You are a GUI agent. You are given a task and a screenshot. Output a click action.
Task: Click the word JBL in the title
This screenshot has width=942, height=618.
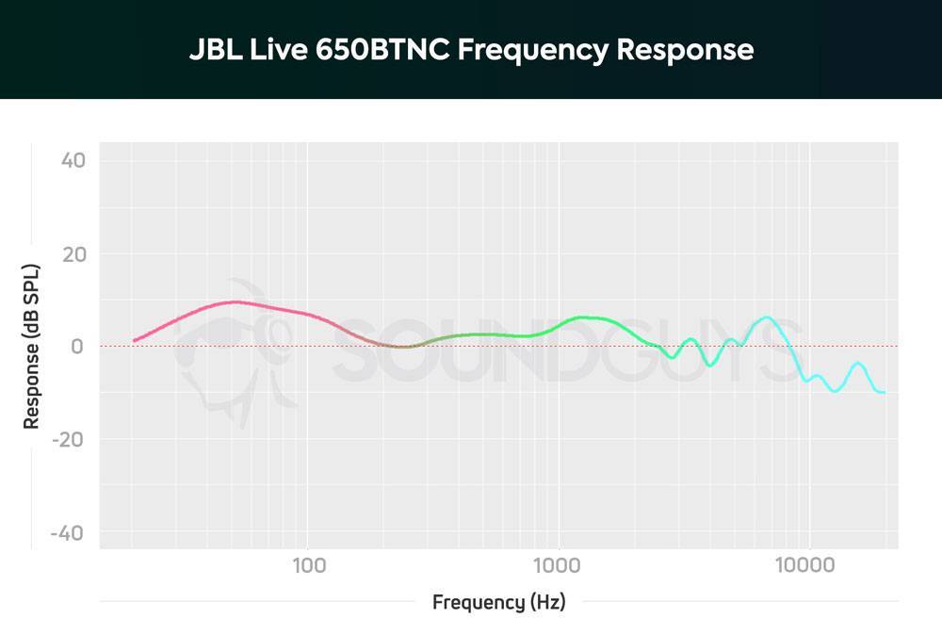214,50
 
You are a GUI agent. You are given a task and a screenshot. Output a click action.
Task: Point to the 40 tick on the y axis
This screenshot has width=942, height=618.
73,160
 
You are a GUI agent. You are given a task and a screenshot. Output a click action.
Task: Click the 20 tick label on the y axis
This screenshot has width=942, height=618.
73,253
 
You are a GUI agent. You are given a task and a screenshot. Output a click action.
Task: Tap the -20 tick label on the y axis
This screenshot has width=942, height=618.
69,440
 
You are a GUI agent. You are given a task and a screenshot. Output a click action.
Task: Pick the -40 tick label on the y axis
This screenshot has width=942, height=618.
69,533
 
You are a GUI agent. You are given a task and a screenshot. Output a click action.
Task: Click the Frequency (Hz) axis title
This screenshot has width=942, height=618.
499,602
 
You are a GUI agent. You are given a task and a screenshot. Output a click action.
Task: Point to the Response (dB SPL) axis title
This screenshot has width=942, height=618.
32,347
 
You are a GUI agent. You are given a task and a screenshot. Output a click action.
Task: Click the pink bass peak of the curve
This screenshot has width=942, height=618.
235,302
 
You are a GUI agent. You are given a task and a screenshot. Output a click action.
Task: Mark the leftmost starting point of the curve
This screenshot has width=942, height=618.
135,340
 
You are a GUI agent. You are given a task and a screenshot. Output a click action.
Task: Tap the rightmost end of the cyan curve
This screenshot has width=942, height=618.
883,392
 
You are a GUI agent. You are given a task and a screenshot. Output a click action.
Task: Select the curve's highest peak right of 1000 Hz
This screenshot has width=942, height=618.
767,317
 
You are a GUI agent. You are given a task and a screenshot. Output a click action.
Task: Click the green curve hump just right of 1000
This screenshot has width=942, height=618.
584,317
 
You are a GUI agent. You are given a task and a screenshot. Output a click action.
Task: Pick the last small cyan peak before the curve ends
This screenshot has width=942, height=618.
857,364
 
